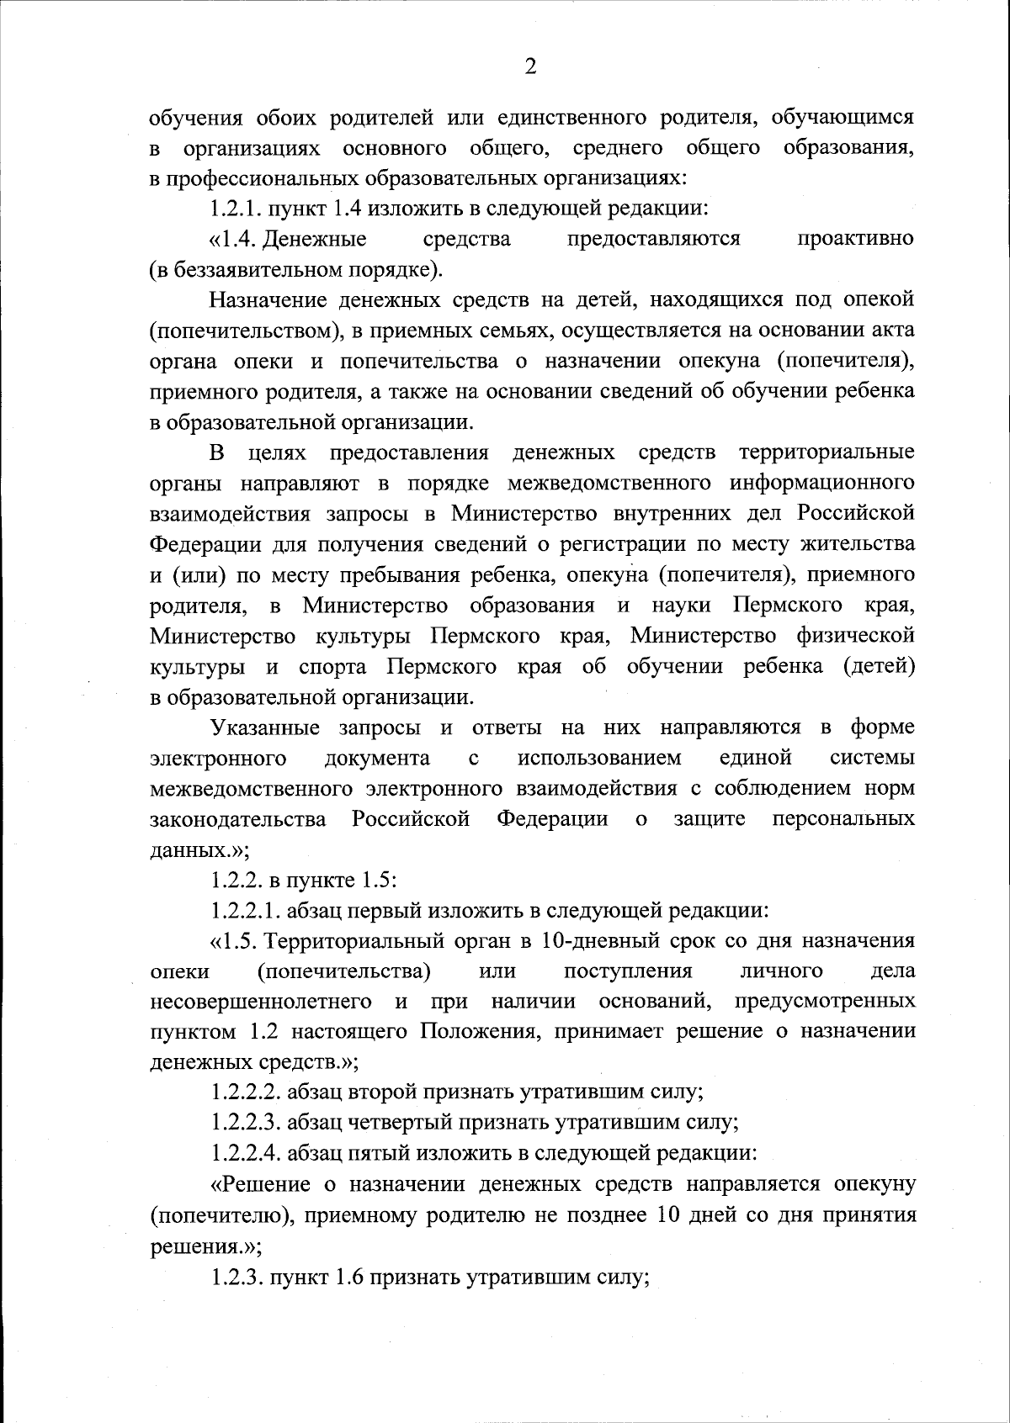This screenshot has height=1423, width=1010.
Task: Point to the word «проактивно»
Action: (855, 240)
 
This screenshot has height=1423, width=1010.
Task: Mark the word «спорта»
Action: (333, 667)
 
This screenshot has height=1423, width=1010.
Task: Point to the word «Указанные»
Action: (265, 727)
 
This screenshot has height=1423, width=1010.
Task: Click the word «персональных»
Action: (843, 819)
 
